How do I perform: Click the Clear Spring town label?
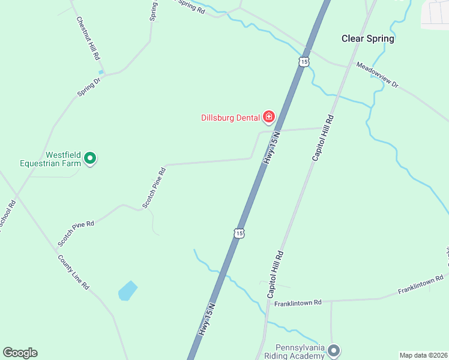point(367,38)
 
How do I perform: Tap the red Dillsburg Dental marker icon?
point(269,116)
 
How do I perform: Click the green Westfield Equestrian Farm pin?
point(90,158)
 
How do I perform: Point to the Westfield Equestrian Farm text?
point(50,158)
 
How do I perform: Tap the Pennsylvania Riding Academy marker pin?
point(334,350)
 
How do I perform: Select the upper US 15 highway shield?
point(304,62)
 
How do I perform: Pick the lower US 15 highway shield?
point(239,232)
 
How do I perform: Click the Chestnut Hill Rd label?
point(88,38)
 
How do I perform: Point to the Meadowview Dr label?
point(377,75)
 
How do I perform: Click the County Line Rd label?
point(73,272)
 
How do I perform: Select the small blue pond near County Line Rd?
point(128,290)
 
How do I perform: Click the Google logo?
point(20,353)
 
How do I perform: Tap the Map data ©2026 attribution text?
point(423,355)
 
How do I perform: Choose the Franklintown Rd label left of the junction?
point(298,304)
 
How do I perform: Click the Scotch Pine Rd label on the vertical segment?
point(154,188)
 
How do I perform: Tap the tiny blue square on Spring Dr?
point(101,72)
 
